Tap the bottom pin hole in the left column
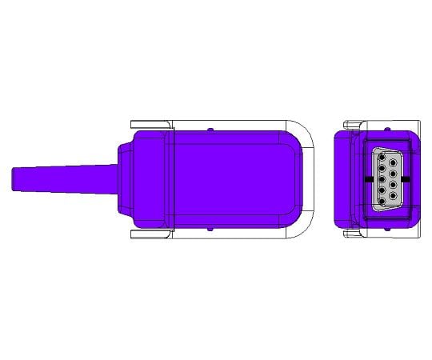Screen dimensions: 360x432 (x=382, y=201)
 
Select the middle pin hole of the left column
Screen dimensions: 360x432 (x=382, y=179)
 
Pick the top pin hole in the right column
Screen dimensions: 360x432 (x=393, y=162)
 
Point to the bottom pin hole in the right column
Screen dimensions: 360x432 (x=393, y=195)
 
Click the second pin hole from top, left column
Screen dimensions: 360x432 (x=382, y=168)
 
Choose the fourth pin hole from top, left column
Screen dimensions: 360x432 (x=382, y=190)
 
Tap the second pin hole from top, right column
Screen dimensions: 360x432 (x=393, y=174)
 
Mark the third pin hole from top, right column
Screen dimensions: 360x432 (x=393, y=185)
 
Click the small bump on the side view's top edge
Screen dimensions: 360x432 (x=209, y=129)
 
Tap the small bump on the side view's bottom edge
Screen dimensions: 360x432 (x=209, y=230)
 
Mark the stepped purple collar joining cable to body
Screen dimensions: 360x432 (x=124, y=179)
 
